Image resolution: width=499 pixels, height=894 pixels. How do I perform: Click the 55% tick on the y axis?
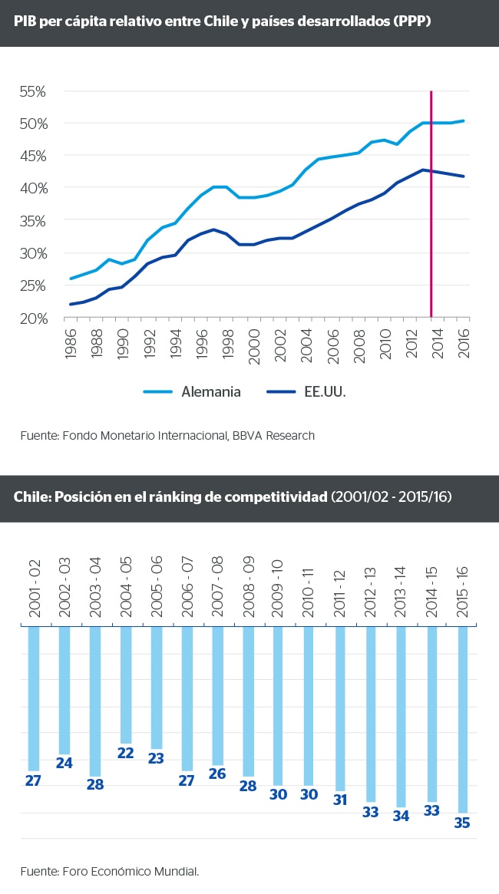33,91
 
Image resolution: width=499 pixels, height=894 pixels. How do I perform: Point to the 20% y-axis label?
33,318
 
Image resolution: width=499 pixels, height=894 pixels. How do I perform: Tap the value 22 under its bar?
126,754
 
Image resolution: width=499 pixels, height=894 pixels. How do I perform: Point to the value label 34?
401,816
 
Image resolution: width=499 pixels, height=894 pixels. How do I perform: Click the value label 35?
463,823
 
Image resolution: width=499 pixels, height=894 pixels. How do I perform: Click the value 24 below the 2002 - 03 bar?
64,764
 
